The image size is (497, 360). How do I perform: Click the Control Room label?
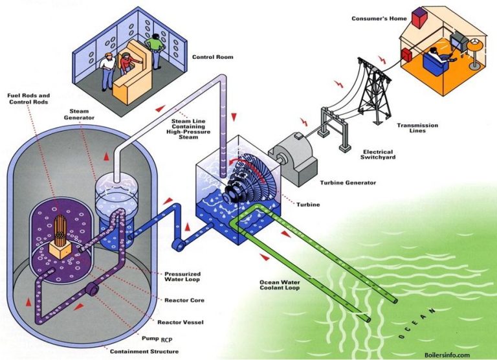pos(212,57)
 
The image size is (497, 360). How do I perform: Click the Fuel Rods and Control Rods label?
pos(28,98)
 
